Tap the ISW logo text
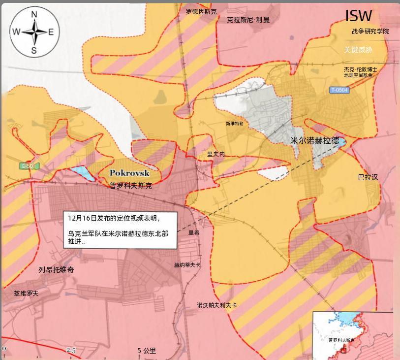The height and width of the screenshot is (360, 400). [359, 16]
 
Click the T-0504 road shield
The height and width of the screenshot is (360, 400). [339, 90]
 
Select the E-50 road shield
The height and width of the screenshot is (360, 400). [28, 166]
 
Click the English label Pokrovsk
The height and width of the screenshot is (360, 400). [129, 173]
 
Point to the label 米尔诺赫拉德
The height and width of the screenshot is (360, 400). [315, 140]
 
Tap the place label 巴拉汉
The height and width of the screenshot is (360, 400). [368, 177]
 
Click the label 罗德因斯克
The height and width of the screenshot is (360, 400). [201, 11]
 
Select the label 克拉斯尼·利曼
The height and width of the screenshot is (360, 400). [248, 20]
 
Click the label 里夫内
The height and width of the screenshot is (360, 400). [216, 154]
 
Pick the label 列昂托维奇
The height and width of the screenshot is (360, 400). [56, 270]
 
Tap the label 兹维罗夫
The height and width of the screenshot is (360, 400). [26, 293]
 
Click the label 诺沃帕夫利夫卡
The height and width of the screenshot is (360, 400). [217, 305]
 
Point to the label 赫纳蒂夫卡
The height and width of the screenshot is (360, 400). [187, 265]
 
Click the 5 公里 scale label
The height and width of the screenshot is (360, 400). [147, 351]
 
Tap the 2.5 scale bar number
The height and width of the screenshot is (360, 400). [71, 350]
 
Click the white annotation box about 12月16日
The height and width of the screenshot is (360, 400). [121, 229]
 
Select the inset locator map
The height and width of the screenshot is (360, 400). [353, 335]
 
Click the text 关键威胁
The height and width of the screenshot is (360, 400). [358, 50]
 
